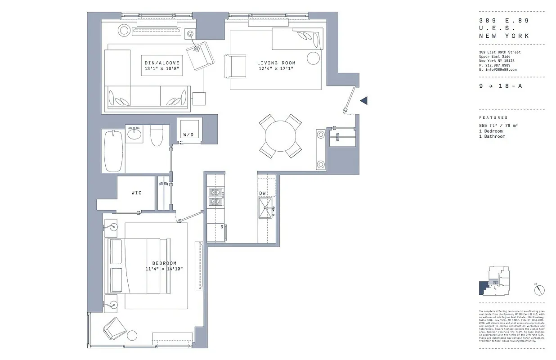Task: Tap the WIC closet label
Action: tap(136, 193)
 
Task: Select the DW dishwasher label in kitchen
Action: tap(263, 193)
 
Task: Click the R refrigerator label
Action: tap(222, 227)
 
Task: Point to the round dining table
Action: tap(280, 135)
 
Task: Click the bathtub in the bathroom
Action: tap(113, 151)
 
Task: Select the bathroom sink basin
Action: tap(134, 134)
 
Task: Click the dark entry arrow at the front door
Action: tap(364, 101)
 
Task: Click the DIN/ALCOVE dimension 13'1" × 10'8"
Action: tap(161, 69)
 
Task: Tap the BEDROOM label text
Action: tap(164, 263)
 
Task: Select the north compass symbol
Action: tap(540, 290)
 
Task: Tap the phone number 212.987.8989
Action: tap(498, 65)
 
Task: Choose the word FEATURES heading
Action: tap(493, 117)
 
